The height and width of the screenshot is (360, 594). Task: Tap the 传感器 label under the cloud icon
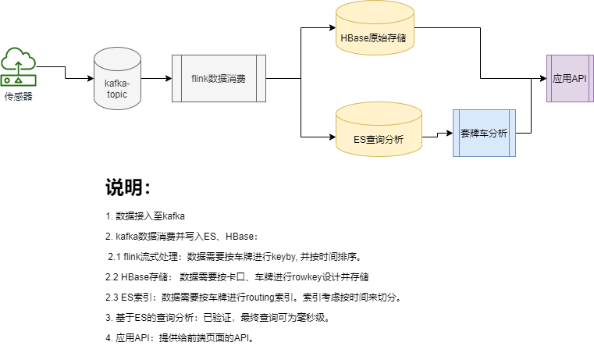(x=18, y=96)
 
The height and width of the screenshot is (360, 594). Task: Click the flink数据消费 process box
(x=219, y=78)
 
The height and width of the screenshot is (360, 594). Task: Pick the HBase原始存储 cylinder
(x=379, y=36)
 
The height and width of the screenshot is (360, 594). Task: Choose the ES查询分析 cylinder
(x=379, y=138)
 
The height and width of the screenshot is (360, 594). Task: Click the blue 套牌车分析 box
(x=484, y=134)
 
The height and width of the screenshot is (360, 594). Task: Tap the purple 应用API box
(x=570, y=78)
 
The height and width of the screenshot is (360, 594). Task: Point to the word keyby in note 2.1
(x=284, y=256)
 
